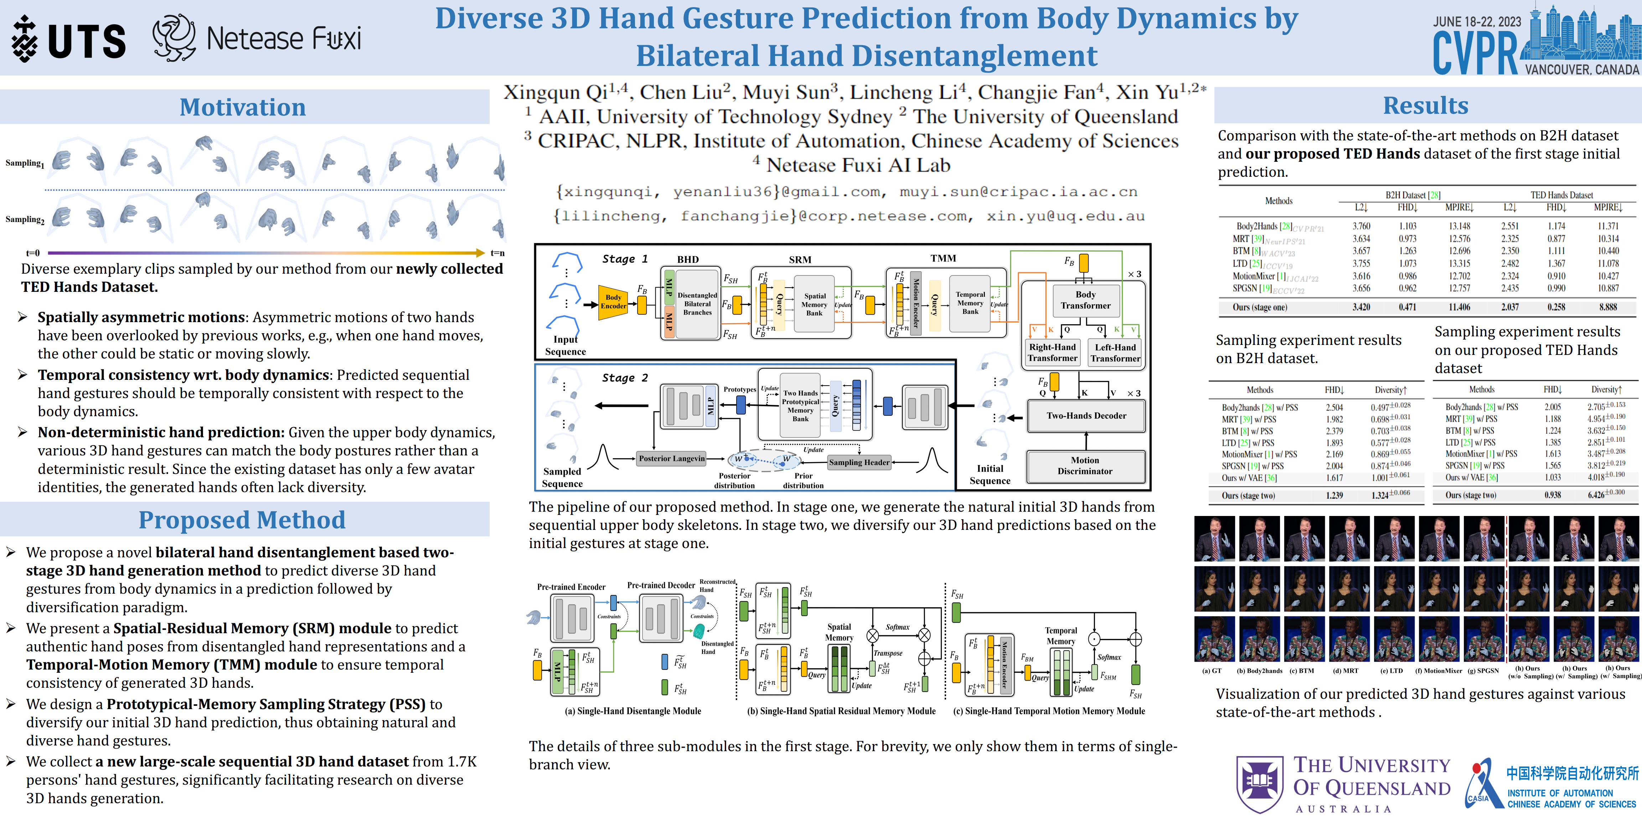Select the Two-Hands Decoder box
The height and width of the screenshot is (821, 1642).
(1086, 415)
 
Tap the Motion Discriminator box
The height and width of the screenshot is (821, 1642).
(1085, 465)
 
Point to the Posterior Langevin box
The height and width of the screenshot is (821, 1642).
(672, 458)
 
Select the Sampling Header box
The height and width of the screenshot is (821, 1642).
(859, 462)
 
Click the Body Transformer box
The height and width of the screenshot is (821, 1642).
(1085, 300)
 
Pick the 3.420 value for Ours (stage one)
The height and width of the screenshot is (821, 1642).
(1361, 307)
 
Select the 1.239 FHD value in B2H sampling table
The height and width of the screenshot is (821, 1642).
(1334, 495)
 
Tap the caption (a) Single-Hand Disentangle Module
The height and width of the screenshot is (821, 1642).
(632, 711)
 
